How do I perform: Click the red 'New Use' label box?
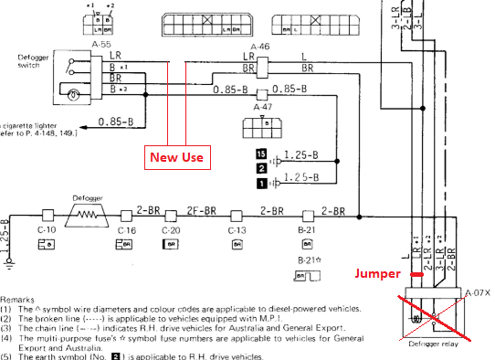(177, 157)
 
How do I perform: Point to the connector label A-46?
(261, 44)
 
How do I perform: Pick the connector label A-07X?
(478, 292)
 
